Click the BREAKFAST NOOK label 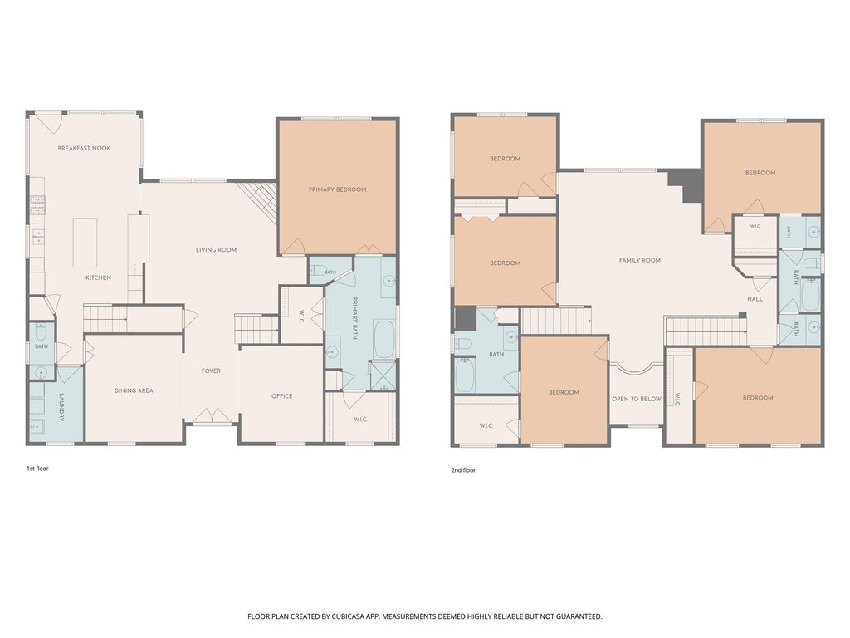[84, 148]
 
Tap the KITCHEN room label [99, 277]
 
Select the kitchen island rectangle [85, 243]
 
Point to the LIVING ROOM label [217, 250]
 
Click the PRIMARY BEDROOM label [337, 189]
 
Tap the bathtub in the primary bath [383, 340]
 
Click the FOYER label [211, 371]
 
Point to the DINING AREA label [134, 390]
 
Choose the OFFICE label [282, 396]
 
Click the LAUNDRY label [61, 407]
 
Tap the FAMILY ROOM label [640, 260]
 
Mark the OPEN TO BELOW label [637, 399]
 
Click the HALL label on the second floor [755, 299]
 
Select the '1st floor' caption [37, 469]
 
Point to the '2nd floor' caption [463, 470]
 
